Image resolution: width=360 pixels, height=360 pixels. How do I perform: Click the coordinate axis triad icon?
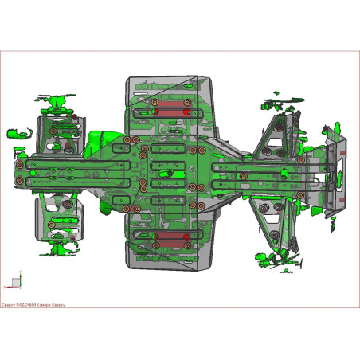click(x=16, y=282)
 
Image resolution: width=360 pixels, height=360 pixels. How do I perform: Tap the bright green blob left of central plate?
click(x=100, y=139)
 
